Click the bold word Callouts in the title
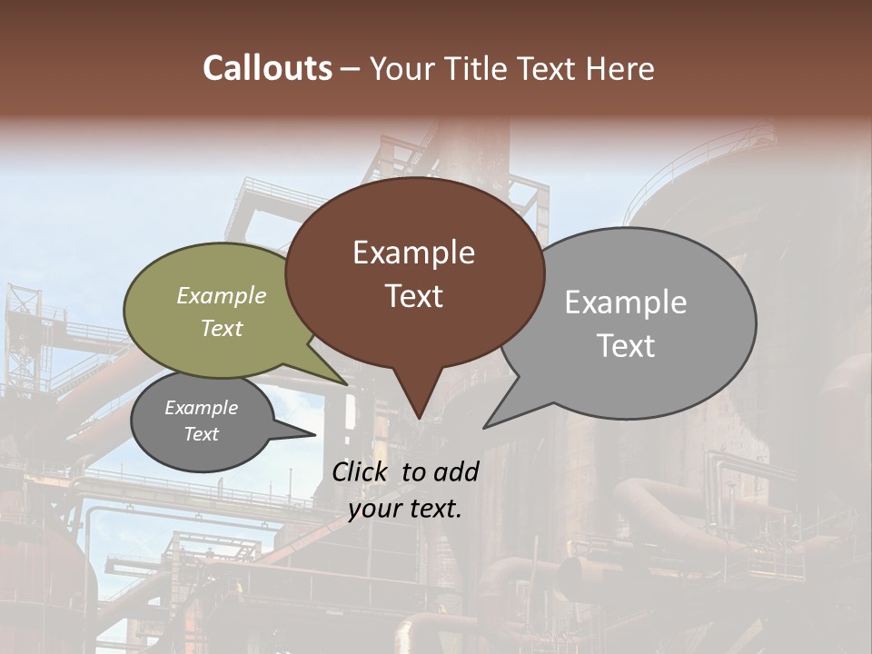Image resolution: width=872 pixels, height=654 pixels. [x=267, y=68]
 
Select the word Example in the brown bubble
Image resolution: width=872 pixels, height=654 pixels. [x=413, y=253]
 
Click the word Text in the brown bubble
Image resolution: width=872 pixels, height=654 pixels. [x=413, y=296]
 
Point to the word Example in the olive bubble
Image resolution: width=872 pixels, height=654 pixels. [x=222, y=296]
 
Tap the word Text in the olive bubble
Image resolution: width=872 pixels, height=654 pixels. [x=222, y=328]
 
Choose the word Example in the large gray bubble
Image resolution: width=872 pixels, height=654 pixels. [x=625, y=302]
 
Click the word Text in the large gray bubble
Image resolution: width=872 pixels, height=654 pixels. [x=625, y=346]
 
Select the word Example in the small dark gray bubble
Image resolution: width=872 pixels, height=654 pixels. [x=201, y=408]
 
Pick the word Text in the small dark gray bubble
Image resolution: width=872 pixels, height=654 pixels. [x=201, y=434]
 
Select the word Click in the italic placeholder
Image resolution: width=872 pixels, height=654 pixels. [x=362, y=471]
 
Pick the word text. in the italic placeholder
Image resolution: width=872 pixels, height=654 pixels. [x=435, y=509]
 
